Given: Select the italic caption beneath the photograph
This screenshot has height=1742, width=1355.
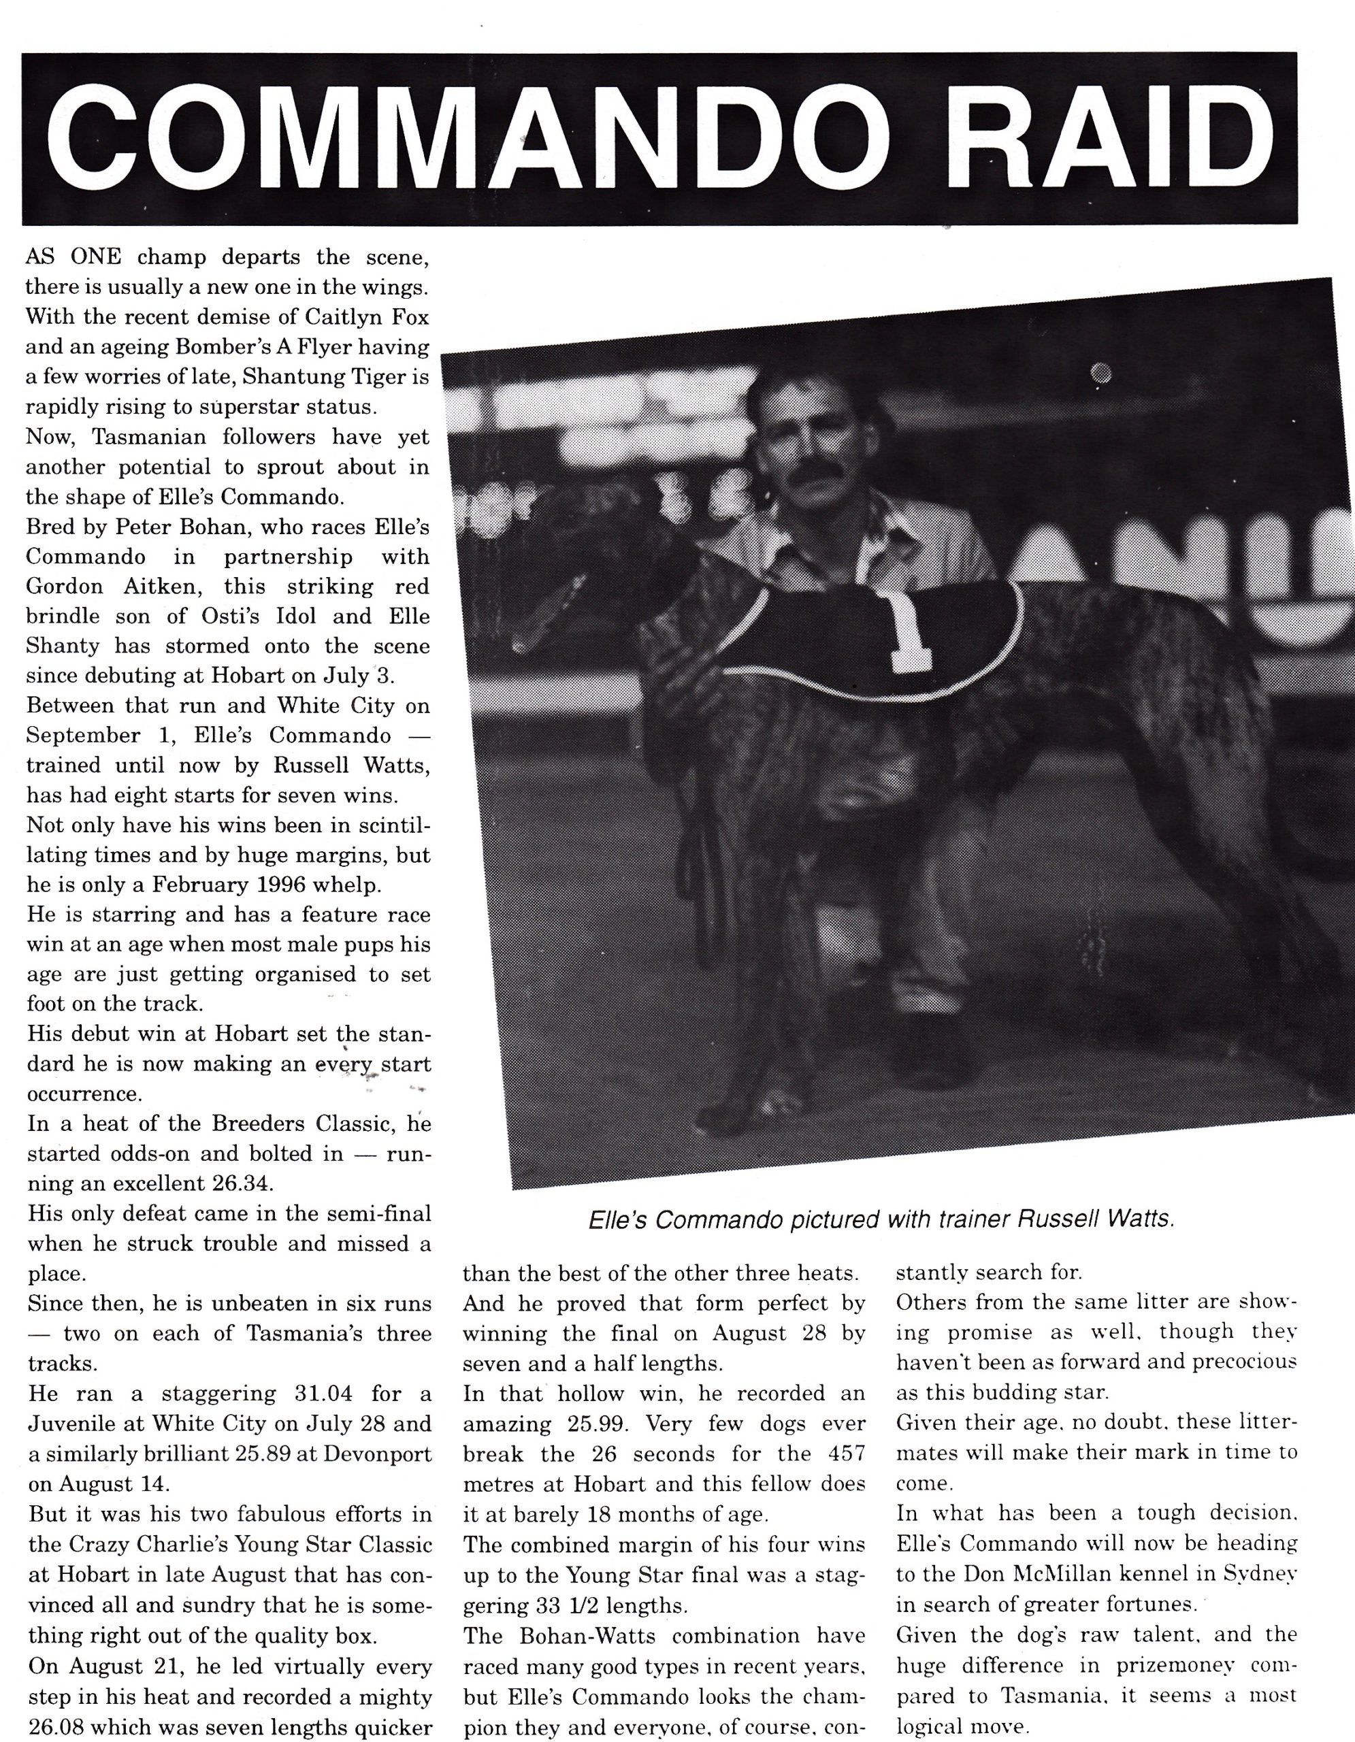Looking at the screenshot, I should point(881,1219).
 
